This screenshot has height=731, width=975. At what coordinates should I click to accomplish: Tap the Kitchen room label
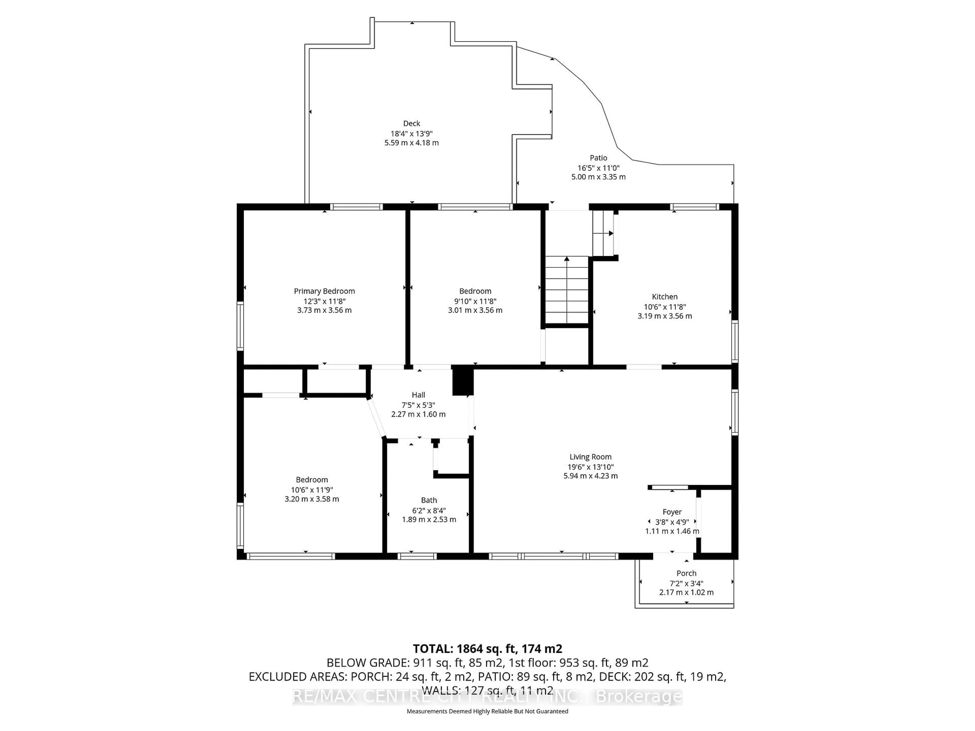(x=664, y=297)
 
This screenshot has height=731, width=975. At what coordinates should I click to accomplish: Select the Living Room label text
(x=590, y=457)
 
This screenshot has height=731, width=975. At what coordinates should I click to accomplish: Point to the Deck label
(x=411, y=123)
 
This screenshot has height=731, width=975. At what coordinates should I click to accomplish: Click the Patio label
(x=598, y=158)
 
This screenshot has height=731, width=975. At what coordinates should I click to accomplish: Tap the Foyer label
(x=672, y=512)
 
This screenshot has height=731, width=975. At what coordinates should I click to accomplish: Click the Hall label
(x=418, y=395)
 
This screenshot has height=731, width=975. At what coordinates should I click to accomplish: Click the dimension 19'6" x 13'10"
(x=590, y=467)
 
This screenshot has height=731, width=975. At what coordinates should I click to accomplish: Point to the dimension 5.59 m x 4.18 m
(x=411, y=143)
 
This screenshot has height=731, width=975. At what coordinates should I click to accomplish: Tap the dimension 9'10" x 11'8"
(x=475, y=301)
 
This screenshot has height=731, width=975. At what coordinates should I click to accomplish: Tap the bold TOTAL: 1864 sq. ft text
(x=487, y=649)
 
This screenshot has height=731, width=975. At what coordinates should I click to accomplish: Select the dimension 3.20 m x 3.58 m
(x=312, y=499)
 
